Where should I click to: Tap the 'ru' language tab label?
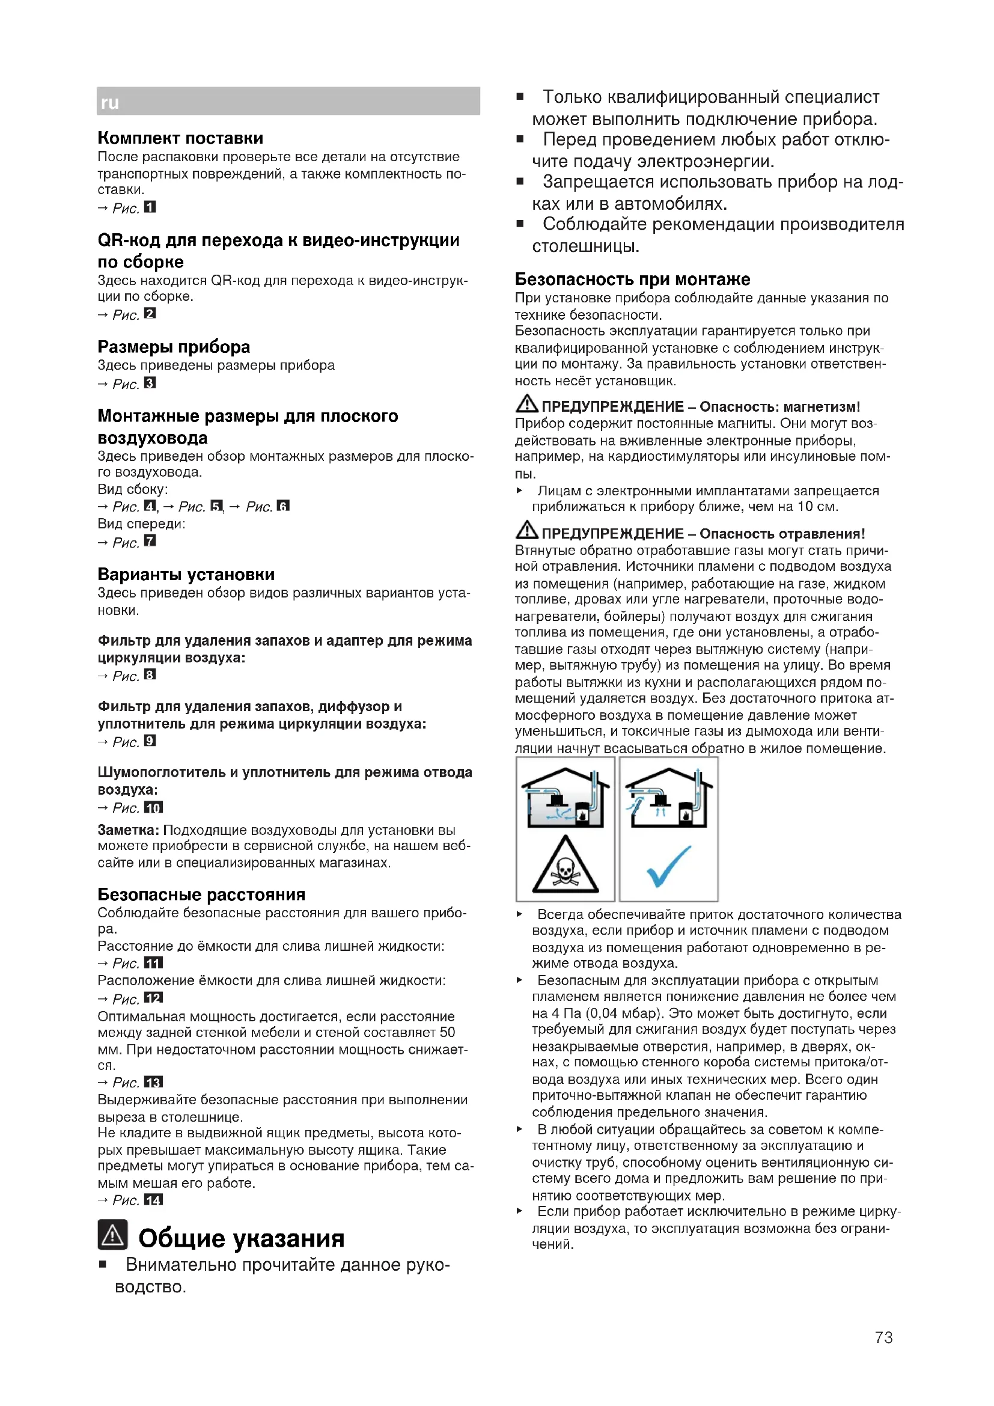tap(109, 102)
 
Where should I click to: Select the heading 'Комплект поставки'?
tap(180, 138)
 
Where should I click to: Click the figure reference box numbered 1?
tap(150, 207)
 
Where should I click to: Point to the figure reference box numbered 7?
tap(150, 541)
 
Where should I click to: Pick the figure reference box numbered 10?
tap(153, 807)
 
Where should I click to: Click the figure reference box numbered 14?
tap(153, 1200)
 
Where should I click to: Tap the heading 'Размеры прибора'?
tap(174, 347)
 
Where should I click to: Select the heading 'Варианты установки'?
tap(186, 575)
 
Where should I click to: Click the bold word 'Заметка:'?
tap(128, 830)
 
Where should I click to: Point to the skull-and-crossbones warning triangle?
tap(564, 866)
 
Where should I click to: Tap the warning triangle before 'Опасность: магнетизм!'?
tap(526, 404)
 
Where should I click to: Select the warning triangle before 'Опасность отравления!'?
tap(526, 531)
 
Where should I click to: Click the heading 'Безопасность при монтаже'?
tap(632, 280)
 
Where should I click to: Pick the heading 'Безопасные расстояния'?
tap(201, 894)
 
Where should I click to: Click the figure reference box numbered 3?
tap(150, 383)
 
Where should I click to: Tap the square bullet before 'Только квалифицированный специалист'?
tap(520, 97)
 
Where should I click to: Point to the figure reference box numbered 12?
tap(153, 998)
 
